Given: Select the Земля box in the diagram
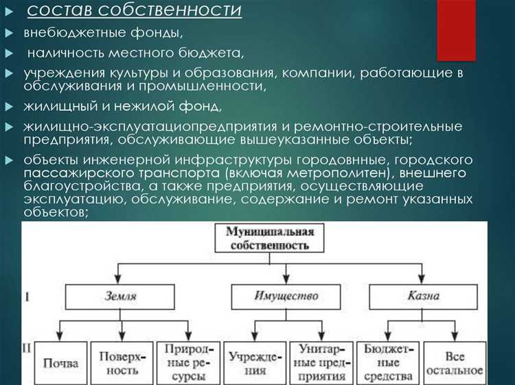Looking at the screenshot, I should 120,296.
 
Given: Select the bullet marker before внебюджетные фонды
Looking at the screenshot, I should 8,32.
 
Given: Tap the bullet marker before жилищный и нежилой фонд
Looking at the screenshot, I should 8,107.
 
